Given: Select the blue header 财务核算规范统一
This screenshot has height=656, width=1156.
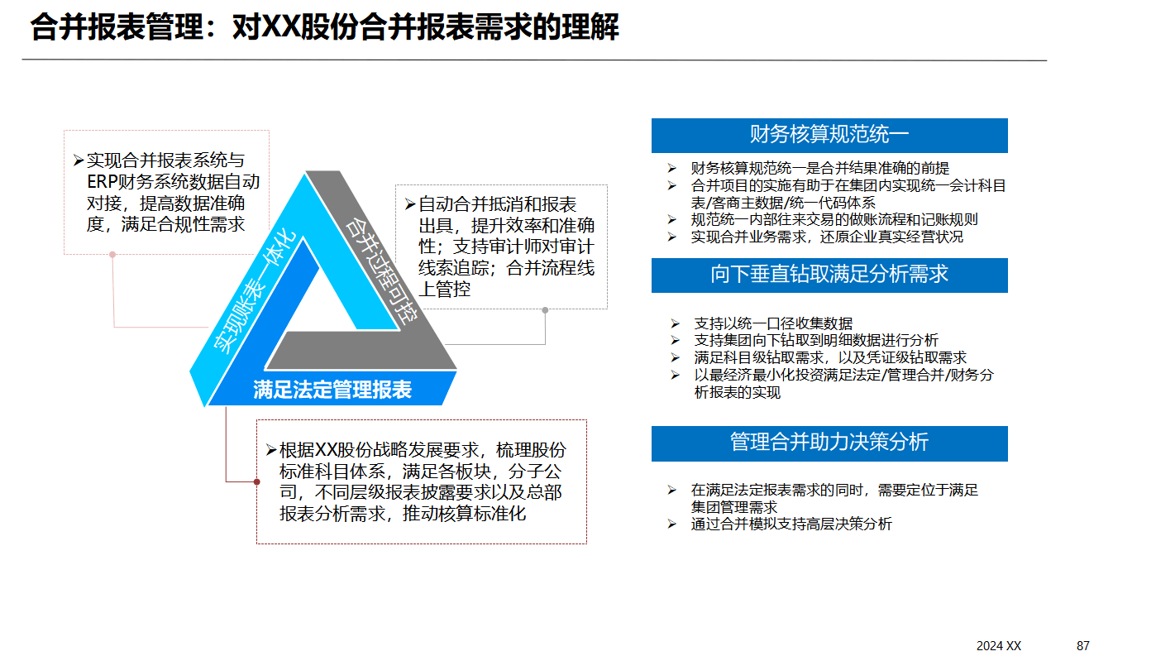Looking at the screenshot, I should point(829,135).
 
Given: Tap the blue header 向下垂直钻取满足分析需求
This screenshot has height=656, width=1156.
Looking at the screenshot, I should point(829,275).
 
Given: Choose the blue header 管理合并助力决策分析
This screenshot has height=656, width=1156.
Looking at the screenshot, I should point(829,442).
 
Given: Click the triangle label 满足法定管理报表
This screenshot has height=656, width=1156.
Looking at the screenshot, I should point(332,390).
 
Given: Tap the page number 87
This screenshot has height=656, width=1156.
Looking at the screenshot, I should point(1083,645).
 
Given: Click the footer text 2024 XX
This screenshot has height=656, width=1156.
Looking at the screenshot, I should point(998,645).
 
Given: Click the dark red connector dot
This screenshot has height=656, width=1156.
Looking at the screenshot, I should point(256,481).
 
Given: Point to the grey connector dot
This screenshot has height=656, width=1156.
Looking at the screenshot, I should point(545,310).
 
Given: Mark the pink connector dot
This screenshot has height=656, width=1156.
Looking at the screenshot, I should point(112,255).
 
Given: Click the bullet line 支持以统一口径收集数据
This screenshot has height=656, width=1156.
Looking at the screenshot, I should point(772,323).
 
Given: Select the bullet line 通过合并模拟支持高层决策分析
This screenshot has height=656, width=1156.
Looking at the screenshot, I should point(791,524).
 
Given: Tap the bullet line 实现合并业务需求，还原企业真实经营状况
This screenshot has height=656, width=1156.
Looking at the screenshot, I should point(827,237).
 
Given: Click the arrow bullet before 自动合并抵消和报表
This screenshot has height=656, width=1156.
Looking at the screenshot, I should point(409,204).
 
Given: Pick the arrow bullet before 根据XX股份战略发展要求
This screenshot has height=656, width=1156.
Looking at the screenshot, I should point(271,450).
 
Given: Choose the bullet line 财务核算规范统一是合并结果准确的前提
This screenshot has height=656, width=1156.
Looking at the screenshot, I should point(819,168).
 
